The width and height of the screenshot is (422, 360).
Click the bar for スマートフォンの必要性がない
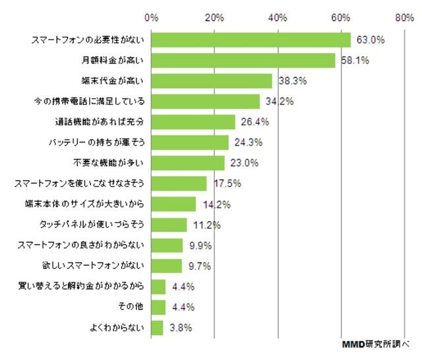pos(251,40)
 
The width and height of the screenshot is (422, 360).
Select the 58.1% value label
pos(353,61)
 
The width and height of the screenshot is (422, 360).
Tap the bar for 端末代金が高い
pos(211,82)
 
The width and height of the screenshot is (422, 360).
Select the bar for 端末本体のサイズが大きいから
pos(173,204)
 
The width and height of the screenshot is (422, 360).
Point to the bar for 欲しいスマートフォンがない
pos(166,266)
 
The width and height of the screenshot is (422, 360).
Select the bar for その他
pos(158,307)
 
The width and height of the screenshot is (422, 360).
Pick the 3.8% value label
pos(179,328)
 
